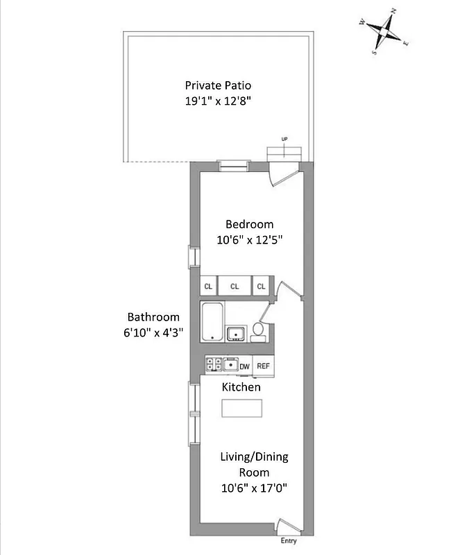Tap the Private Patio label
pos(218,85)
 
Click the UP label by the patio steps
pos(284,140)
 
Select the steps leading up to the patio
pos(284,153)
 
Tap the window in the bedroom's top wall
pos(232,165)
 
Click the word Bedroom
pos(249,224)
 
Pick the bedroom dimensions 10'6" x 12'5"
pos(249,239)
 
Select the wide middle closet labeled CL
pos(235,286)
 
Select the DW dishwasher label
pos(244,366)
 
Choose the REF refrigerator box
pos(263,366)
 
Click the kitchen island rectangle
pos(241,408)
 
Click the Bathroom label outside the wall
pos(153,317)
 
